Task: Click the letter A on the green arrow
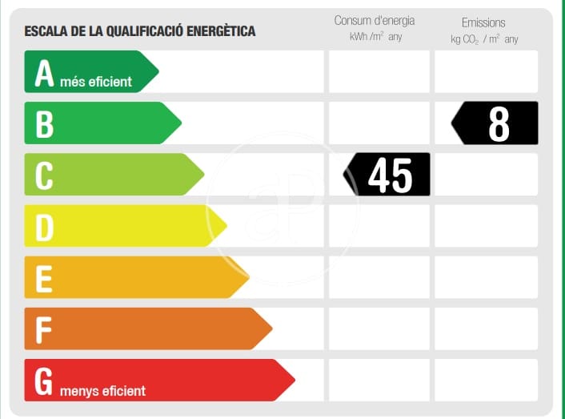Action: click(44, 73)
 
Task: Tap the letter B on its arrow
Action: click(44, 124)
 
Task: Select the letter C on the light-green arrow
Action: click(44, 175)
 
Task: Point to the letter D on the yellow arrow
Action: click(44, 228)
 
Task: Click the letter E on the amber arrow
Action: click(44, 278)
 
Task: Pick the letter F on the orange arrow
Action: click(44, 329)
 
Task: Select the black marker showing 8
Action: click(497, 123)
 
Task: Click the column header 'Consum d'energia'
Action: click(375, 21)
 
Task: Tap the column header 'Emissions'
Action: click(483, 22)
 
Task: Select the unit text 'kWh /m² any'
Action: click(375, 38)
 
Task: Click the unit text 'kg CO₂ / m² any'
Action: click(484, 39)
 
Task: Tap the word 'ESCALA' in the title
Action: click(47, 31)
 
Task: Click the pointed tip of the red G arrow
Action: click(294, 381)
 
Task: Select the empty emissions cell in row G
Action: click(486, 380)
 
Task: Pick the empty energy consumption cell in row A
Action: click(379, 71)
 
